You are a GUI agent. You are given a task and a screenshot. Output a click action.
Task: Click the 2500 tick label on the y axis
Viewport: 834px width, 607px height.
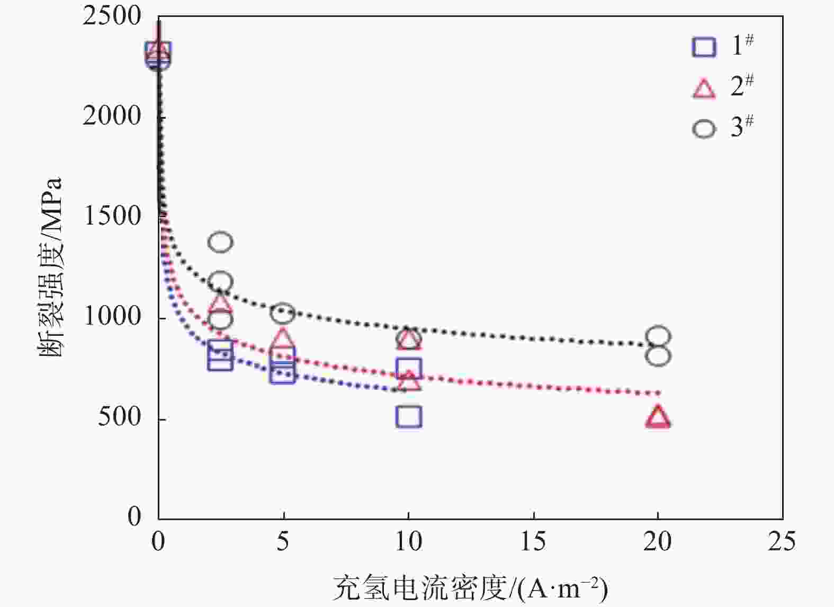pos(112,16)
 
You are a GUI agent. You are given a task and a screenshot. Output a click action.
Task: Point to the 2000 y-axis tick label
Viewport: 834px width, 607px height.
pos(112,116)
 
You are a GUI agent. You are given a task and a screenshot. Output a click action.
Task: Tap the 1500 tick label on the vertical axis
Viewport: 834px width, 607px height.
pos(112,216)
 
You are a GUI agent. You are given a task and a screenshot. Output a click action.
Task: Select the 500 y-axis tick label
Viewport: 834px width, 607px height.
pos(119,417)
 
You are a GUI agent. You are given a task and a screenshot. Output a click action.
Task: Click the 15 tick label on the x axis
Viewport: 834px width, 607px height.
pos(533,541)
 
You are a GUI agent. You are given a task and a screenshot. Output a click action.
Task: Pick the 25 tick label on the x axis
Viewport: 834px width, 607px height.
pos(782,541)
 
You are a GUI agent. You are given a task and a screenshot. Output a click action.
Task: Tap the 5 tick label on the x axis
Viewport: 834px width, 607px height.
pos(283,541)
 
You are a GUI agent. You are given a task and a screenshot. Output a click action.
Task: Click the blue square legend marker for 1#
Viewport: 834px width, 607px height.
pos(704,47)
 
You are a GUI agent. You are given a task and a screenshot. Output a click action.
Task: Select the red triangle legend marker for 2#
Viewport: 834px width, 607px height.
pos(704,88)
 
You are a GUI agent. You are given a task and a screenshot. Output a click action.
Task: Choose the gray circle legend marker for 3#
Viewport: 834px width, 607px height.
pos(704,129)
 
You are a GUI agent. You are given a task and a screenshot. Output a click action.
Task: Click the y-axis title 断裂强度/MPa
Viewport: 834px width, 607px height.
pos(50,267)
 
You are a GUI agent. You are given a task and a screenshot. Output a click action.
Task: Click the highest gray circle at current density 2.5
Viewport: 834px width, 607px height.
pos(220,242)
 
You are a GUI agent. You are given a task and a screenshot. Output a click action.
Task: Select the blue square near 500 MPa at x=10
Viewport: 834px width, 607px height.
pos(408,417)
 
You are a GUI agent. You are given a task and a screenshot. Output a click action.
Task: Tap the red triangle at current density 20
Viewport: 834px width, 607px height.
pos(658,417)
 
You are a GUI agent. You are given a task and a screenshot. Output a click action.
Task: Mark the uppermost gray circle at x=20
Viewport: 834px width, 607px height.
pos(658,336)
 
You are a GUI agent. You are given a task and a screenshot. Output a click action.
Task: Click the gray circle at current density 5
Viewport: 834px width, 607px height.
pos(283,313)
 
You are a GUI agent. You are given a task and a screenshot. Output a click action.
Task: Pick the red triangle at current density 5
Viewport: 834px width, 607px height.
pos(283,337)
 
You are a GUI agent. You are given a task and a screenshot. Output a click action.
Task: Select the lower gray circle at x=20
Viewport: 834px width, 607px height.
pos(658,356)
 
